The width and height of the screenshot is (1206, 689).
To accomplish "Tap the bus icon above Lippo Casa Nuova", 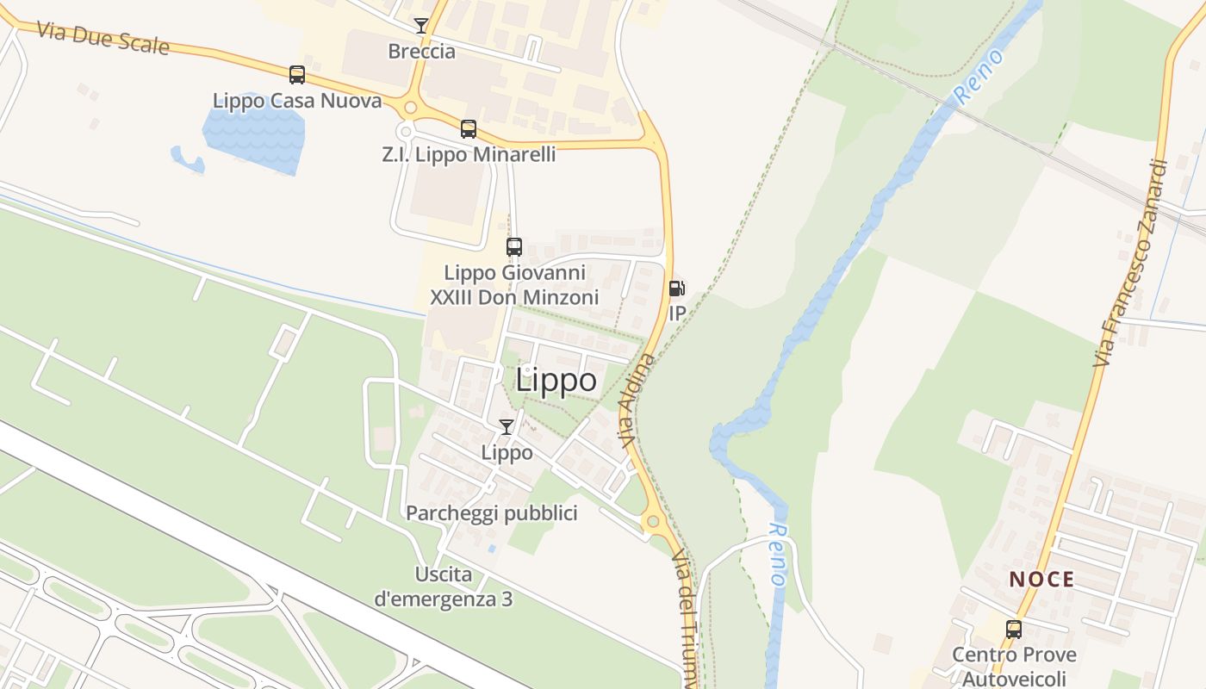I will [x=297, y=75].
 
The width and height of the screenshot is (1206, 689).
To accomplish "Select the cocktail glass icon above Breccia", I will [x=421, y=26].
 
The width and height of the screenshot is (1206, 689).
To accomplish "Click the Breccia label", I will [x=421, y=52].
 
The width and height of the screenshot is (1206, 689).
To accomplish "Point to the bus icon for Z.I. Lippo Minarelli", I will [x=469, y=129].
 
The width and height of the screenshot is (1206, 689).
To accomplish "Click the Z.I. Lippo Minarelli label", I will [x=469, y=155].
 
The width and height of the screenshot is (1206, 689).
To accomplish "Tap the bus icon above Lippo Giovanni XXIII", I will [x=514, y=247].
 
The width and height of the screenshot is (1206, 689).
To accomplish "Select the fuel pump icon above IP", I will [x=677, y=289].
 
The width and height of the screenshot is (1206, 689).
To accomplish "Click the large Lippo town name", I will [x=556, y=381].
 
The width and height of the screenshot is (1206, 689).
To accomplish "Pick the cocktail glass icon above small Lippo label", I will [x=507, y=427].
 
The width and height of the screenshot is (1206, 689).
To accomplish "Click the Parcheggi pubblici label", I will [x=491, y=514].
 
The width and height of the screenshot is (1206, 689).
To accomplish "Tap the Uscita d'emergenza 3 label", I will [x=444, y=587].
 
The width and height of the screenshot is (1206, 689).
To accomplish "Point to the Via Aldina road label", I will [x=637, y=400].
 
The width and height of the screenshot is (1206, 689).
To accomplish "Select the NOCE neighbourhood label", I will [x=1041, y=580].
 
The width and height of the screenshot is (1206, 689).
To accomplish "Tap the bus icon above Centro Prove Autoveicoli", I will [x=1014, y=630].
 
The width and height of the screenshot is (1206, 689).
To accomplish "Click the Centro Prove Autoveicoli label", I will [x=1014, y=667].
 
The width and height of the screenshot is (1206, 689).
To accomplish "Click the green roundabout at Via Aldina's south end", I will [x=652, y=521].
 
